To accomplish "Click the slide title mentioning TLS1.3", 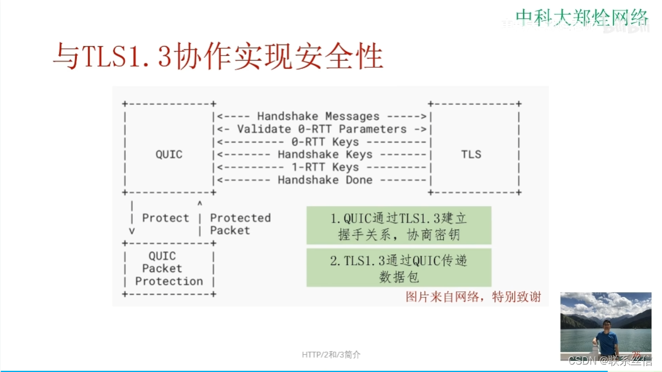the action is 218,57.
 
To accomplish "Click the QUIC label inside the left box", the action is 169,154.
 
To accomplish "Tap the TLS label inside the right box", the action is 471,154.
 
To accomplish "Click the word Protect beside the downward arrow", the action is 165,218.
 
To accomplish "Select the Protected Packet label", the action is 240,224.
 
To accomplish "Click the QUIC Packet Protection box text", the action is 169,269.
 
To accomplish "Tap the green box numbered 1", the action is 399,226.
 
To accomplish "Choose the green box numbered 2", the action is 399,268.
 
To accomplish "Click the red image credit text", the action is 474,297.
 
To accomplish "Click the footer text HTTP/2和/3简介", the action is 331,355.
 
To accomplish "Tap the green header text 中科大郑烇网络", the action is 581,17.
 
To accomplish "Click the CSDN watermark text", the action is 609,360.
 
